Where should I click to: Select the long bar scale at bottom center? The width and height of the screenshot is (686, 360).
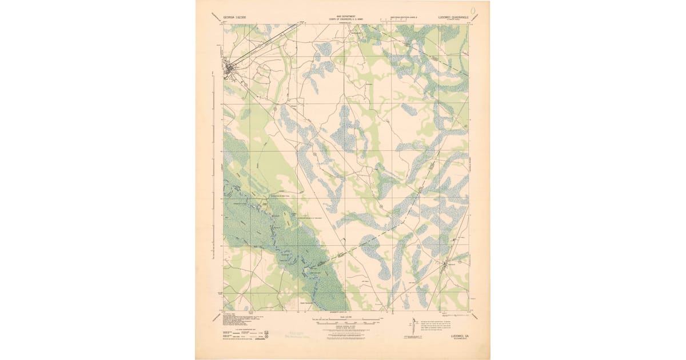tap(344, 320)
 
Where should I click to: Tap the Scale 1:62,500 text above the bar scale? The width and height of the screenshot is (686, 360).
tap(344, 316)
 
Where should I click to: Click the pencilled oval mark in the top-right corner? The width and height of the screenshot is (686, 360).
tap(473, 10)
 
